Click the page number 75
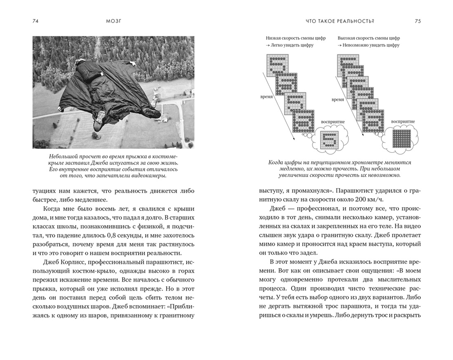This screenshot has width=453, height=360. (418, 21)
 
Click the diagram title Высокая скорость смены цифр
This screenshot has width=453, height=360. (369, 39)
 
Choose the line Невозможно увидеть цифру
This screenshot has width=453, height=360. (371, 46)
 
